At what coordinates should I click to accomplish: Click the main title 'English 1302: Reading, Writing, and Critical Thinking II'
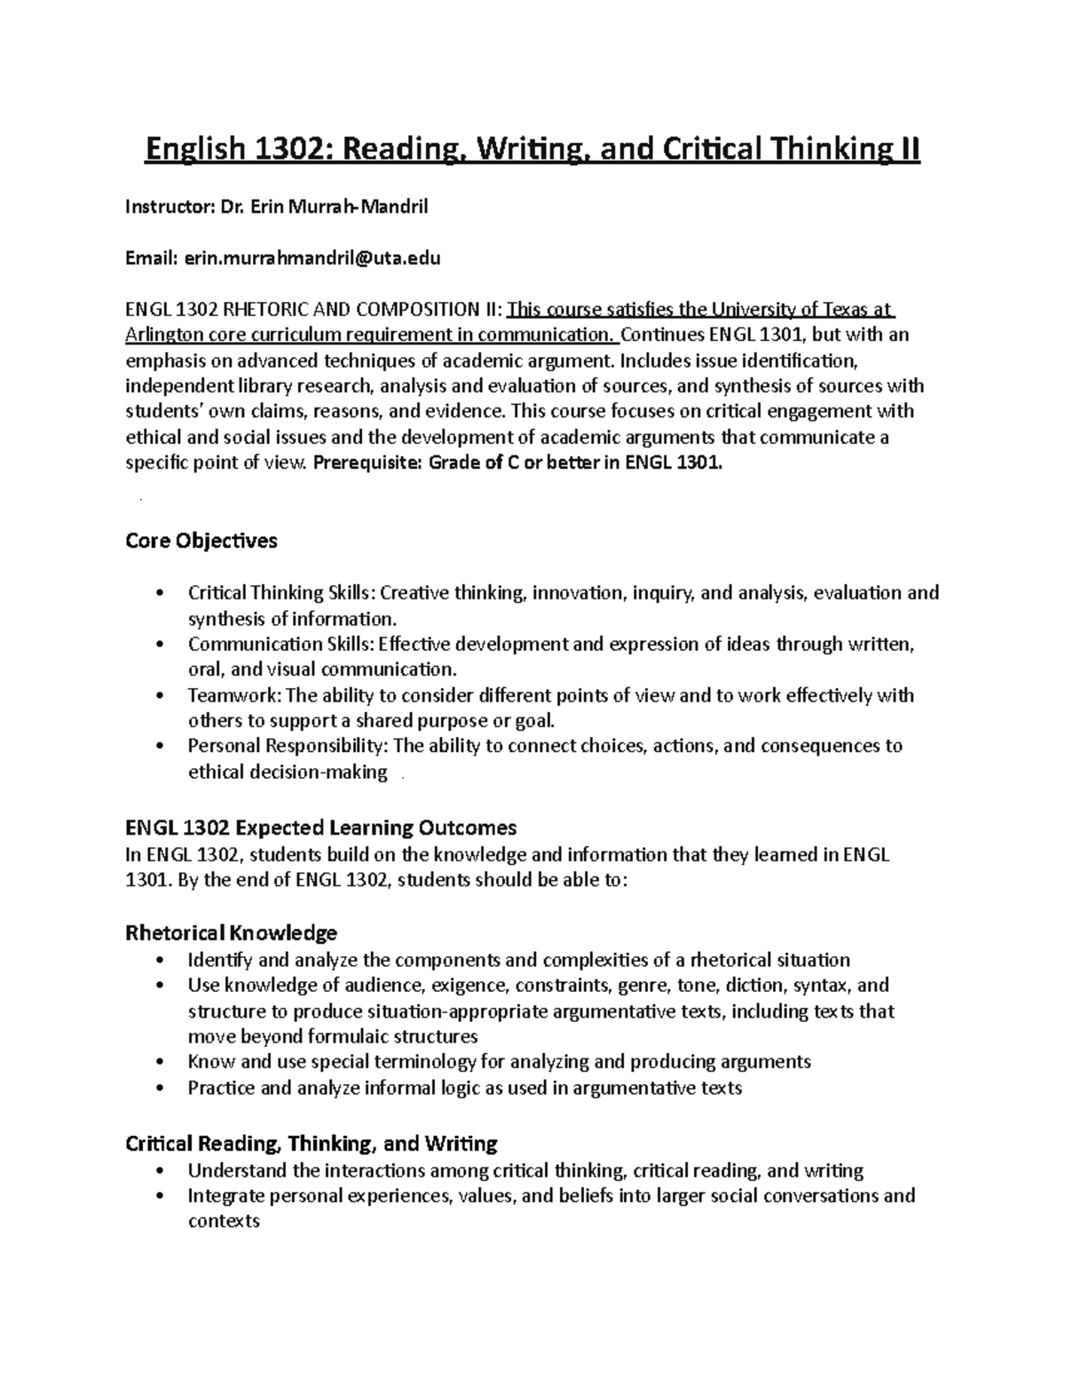point(532,150)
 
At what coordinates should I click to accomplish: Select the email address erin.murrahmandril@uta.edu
point(312,258)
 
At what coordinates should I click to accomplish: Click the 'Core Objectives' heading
point(201,541)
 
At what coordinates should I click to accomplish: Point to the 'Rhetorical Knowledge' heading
point(232,932)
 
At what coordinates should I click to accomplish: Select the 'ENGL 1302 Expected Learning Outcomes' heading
point(320,828)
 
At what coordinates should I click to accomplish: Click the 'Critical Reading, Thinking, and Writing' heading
point(312,1143)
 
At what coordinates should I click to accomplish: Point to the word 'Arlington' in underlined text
point(165,335)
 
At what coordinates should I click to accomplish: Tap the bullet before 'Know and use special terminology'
point(159,1062)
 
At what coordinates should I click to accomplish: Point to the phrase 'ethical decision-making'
point(288,772)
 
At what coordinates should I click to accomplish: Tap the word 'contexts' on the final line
point(224,1221)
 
